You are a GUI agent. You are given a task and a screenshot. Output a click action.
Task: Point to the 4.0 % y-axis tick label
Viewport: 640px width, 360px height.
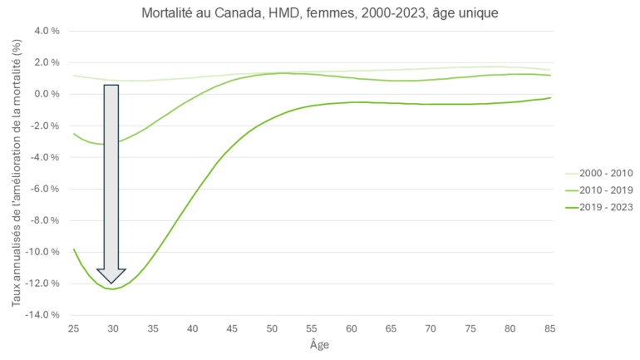point(48,31)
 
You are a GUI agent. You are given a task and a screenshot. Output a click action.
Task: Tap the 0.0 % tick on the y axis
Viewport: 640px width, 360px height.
point(48,94)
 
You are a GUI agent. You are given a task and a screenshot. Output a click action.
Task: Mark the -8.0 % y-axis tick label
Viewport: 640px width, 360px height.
point(47,220)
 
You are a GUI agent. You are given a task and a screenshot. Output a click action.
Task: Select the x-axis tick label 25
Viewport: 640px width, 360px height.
point(74,329)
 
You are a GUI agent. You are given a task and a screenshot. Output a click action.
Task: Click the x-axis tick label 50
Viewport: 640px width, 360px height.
point(272,329)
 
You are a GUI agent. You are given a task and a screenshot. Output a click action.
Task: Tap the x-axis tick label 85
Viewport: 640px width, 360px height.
point(549,329)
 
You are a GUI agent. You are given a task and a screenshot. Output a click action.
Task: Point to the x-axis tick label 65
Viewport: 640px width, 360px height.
point(391,329)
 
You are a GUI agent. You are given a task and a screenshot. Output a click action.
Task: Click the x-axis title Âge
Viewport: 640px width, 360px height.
point(311,344)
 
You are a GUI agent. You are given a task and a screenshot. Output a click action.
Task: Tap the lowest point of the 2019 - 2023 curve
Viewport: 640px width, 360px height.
point(111,289)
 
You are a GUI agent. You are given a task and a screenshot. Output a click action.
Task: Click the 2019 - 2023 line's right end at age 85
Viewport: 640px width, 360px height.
point(549,98)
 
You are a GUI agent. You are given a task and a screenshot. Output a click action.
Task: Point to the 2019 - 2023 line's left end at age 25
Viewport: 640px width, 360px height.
point(74,249)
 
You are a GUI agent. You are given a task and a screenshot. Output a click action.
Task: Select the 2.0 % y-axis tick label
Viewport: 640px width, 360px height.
point(48,62)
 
